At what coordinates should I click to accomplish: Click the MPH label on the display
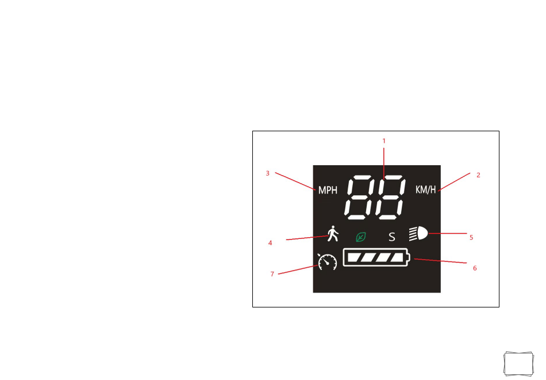pyautogui.click(x=328, y=190)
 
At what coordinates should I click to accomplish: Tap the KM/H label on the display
pyautogui.click(x=425, y=189)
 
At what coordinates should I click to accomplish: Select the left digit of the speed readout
pyautogui.click(x=361, y=197)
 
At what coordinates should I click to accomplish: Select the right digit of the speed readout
pyautogui.click(x=391, y=197)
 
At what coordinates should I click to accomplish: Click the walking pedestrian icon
pyautogui.click(x=333, y=233)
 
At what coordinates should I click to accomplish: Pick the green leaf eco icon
pyautogui.click(x=361, y=237)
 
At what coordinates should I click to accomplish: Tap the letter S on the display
pyautogui.click(x=392, y=237)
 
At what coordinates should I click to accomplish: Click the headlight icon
pyautogui.click(x=418, y=233)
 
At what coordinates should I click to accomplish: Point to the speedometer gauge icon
pyautogui.click(x=328, y=262)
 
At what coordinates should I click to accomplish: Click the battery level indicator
pyautogui.click(x=376, y=257)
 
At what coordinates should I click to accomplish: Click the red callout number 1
pyautogui.click(x=384, y=141)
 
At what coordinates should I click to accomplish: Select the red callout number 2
pyautogui.click(x=478, y=175)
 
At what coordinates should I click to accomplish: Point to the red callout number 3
pyautogui.click(x=267, y=173)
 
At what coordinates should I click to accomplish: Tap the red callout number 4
pyautogui.click(x=270, y=243)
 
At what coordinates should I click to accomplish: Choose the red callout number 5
pyautogui.click(x=471, y=238)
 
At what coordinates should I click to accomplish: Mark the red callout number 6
pyautogui.click(x=475, y=268)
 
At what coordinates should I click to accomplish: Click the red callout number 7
pyautogui.click(x=272, y=274)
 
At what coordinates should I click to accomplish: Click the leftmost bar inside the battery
pyautogui.click(x=354, y=257)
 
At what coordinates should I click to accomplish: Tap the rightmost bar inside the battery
pyautogui.click(x=397, y=257)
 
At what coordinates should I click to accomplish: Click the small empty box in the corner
pyautogui.click(x=518, y=364)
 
